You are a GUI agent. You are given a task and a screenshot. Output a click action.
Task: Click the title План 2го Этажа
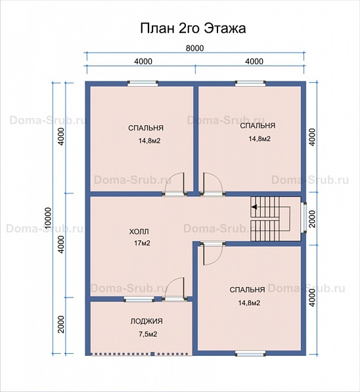(192, 28)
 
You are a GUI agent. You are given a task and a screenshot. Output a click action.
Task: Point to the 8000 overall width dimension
(194, 48)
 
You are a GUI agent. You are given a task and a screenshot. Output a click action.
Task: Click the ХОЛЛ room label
(139, 232)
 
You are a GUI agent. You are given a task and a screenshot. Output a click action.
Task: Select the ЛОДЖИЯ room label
(146, 321)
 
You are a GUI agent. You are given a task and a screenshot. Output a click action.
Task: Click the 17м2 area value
(142, 243)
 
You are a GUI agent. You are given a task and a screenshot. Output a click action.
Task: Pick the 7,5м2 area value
(148, 334)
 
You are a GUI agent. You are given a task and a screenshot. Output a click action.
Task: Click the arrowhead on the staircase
(254, 207)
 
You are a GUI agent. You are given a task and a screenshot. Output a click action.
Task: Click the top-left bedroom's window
(143, 83)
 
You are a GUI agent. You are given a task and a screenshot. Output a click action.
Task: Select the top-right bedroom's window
(250, 83)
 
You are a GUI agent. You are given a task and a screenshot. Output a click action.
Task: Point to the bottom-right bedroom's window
(250, 353)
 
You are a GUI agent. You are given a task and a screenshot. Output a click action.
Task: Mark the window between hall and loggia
(139, 299)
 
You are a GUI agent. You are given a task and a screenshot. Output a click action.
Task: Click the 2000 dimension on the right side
(313, 219)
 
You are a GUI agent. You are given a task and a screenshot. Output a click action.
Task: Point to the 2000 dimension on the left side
(61, 324)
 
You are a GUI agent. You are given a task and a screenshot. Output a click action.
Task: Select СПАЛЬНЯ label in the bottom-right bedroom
(247, 290)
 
